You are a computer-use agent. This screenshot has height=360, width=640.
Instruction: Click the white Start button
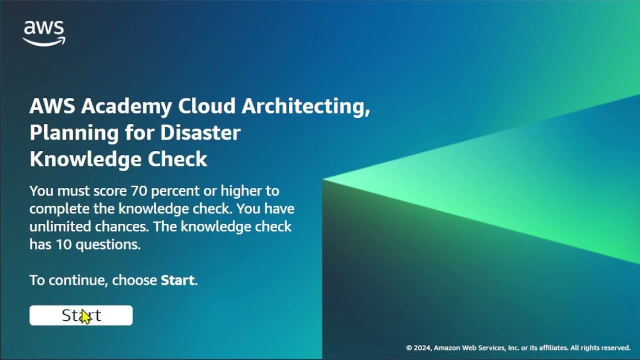click(x=81, y=315)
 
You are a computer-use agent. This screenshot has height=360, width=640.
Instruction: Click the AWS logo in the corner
click(x=44, y=33)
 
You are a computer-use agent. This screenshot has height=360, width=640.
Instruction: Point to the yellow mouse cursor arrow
click(x=86, y=317)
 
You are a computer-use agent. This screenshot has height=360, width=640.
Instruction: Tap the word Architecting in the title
click(x=306, y=106)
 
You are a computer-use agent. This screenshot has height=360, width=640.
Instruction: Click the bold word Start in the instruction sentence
click(x=177, y=280)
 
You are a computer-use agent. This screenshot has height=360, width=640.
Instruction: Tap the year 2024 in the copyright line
click(x=422, y=348)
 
